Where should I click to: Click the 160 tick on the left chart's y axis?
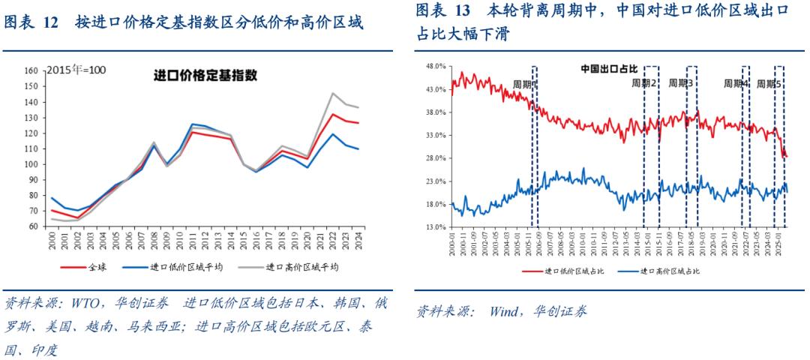pyautogui.click(x=31, y=70)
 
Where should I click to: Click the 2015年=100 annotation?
pyautogui.click(x=76, y=70)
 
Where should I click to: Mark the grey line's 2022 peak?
pyautogui.click(x=332, y=94)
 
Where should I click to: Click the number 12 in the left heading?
pyautogui.click(x=50, y=24)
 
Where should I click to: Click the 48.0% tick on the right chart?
pyautogui.click(x=435, y=66)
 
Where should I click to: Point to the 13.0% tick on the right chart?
pyautogui.click(x=435, y=226)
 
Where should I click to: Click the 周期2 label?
pyautogui.click(x=643, y=83)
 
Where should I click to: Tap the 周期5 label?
pyautogui.click(x=769, y=84)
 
